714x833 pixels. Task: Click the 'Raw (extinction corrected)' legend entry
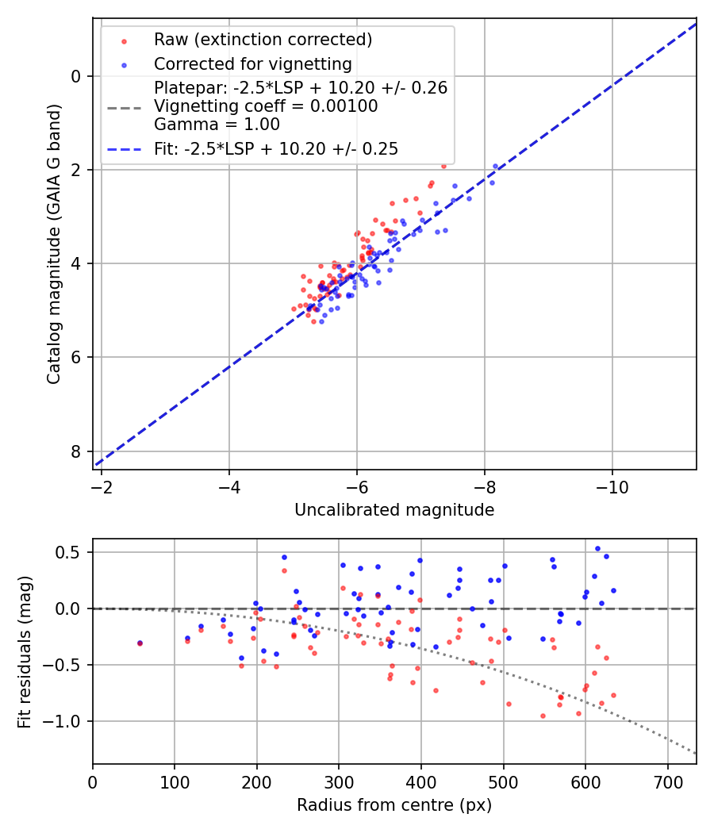pyautogui.click(x=263, y=40)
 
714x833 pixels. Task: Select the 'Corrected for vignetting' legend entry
pyautogui.click(x=252, y=63)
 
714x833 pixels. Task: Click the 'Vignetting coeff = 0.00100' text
pyautogui.click(x=266, y=106)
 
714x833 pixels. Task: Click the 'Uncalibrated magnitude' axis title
pyautogui.click(x=394, y=510)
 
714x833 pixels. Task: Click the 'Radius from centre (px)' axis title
pyautogui.click(x=394, y=805)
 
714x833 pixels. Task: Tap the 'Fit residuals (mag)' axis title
pyautogui.click(x=25, y=651)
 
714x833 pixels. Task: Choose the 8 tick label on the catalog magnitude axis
pyautogui.click(x=76, y=451)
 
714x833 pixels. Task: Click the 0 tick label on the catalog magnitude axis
pyautogui.click(x=76, y=76)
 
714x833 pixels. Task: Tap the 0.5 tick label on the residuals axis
pyautogui.click(x=71, y=552)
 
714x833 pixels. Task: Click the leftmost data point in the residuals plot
pyautogui.click(x=140, y=643)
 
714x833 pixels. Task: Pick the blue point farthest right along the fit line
pyautogui.click(x=496, y=167)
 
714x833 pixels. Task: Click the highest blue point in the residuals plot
pyautogui.click(x=597, y=548)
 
